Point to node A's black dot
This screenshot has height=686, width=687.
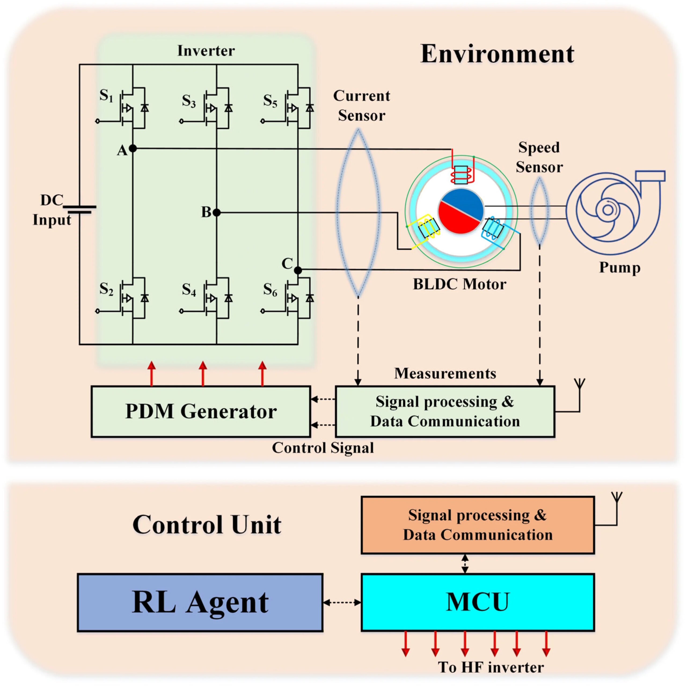click(133, 149)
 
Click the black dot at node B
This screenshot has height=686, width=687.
click(217, 212)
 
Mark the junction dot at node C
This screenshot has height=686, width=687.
click(298, 270)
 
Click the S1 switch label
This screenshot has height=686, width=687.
click(106, 96)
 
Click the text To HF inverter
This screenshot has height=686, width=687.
click(491, 667)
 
